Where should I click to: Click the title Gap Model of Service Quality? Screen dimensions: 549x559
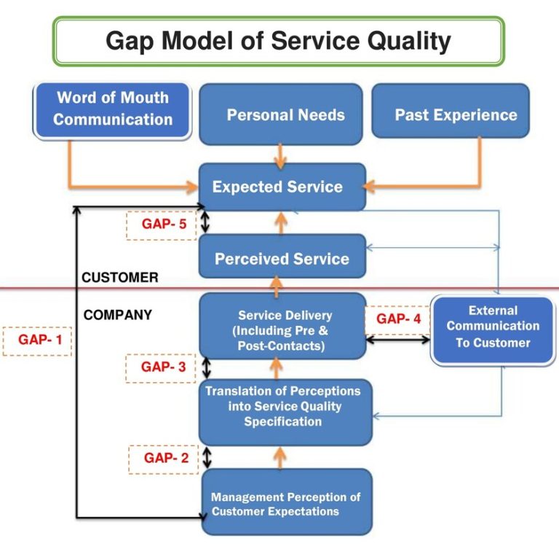(278, 41)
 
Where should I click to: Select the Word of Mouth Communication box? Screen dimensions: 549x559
(113, 109)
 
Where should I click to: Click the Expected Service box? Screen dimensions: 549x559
(277, 187)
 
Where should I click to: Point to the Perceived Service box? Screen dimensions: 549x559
(282, 258)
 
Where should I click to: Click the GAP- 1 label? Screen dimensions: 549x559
(37, 340)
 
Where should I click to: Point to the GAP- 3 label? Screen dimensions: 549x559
(164, 367)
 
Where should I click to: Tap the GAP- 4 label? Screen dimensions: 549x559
(398, 319)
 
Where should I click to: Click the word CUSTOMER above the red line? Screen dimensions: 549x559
(119, 278)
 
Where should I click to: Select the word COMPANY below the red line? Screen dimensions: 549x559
(118, 315)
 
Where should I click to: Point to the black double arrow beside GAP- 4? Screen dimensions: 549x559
(397, 339)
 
